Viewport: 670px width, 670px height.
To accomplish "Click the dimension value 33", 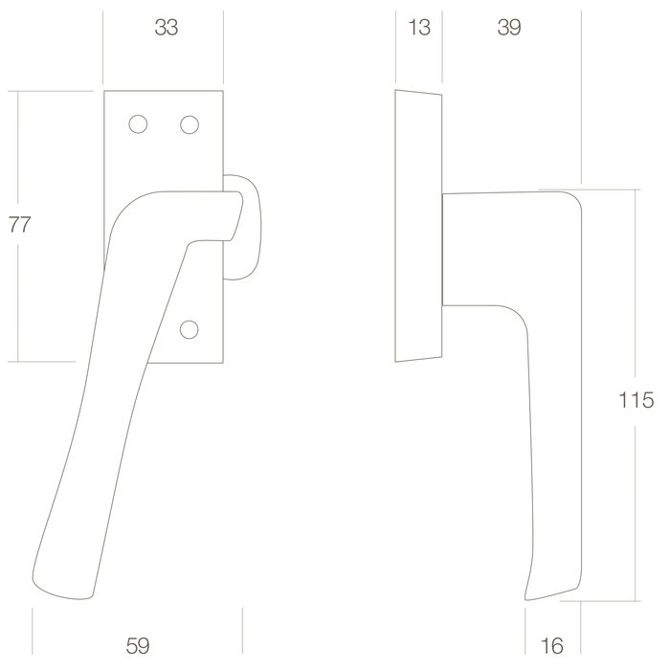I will pos(167,29).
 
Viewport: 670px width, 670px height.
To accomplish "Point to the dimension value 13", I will pos(418,29).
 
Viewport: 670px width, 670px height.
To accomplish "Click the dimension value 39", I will pos(509,29).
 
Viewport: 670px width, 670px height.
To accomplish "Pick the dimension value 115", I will pos(636,400).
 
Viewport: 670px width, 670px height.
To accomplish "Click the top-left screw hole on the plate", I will pos(137,124).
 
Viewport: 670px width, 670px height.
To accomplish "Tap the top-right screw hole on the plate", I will pos(190,124).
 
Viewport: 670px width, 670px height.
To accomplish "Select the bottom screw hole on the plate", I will pos(190,329).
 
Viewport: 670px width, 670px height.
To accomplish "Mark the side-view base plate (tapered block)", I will pos(418,227).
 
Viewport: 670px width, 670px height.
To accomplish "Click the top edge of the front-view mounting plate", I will pos(164,92).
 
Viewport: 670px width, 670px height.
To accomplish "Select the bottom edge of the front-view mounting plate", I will pos(182,362).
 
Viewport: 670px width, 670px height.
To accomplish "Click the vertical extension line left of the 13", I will pos(395,48).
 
